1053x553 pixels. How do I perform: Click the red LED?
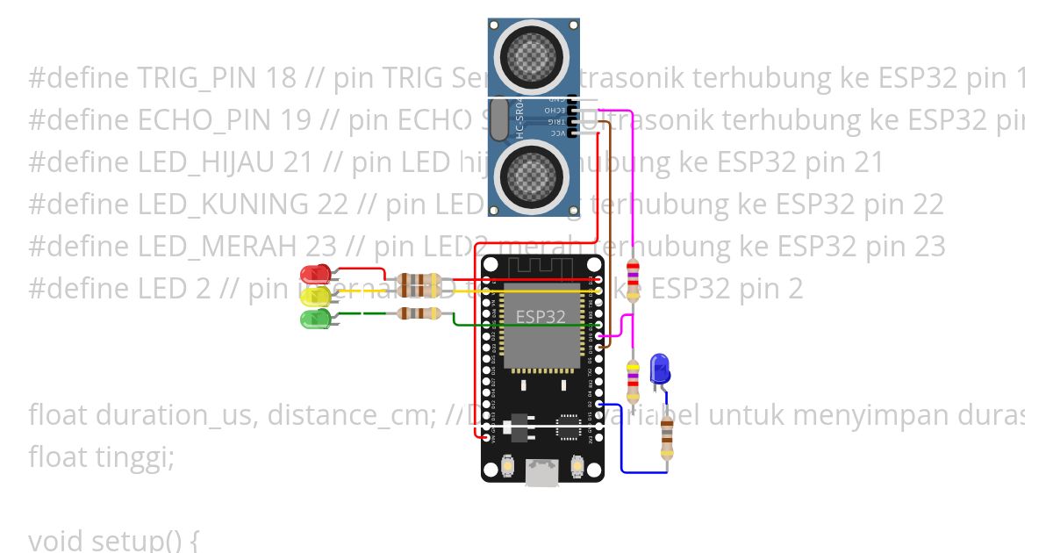(315, 274)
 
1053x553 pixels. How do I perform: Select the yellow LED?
(315, 297)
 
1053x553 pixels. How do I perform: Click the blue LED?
(659, 367)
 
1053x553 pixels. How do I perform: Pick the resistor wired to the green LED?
(419, 313)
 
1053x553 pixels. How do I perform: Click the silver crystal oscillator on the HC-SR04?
(499, 119)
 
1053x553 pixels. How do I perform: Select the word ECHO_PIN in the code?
(208, 121)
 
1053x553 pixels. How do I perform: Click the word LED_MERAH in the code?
(218, 247)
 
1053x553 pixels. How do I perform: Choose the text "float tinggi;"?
(101, 457)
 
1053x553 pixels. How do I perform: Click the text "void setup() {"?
(113, 540)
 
